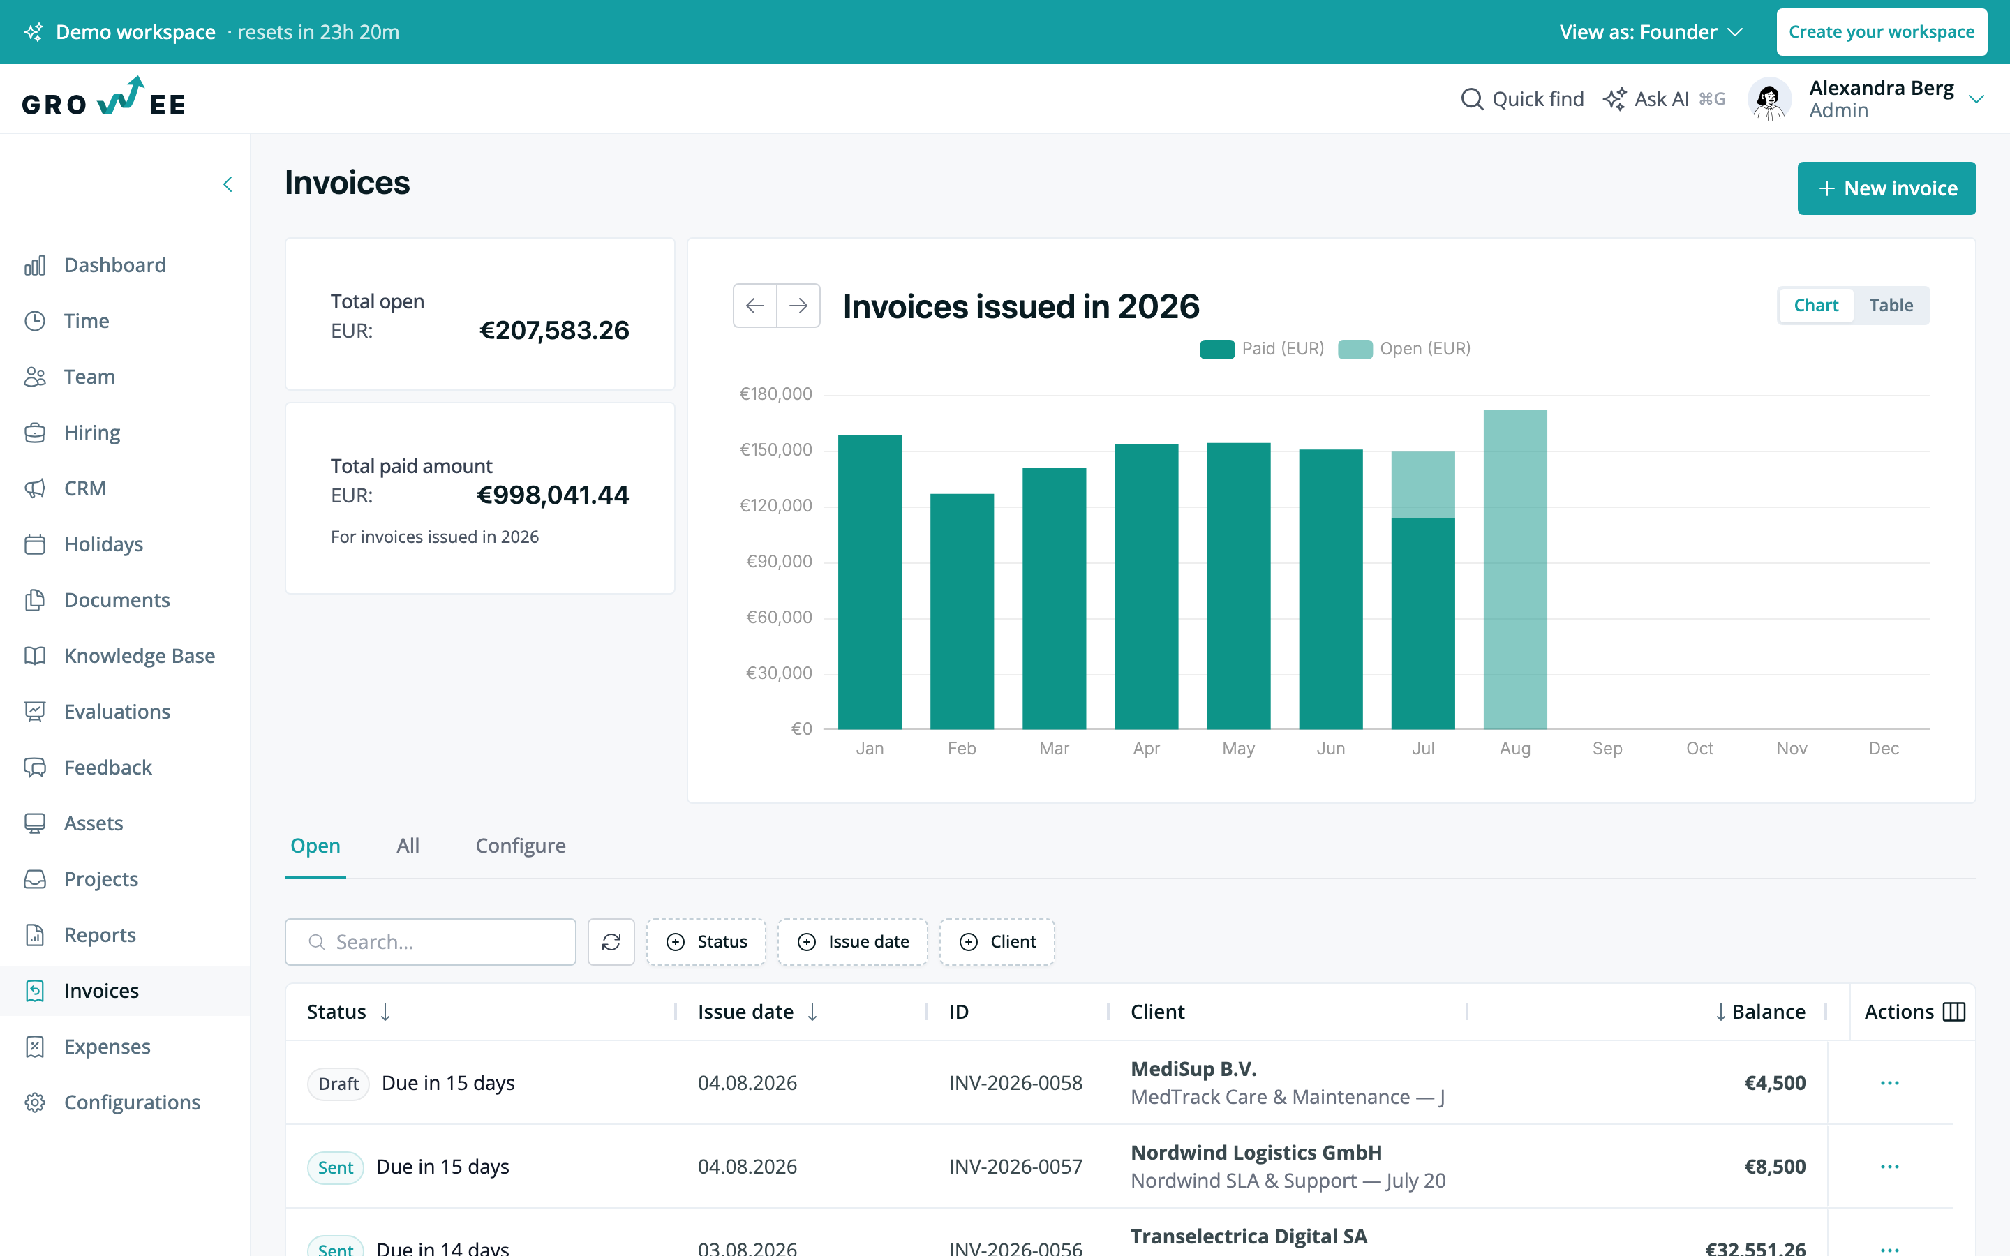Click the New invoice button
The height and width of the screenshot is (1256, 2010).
coord(1886,188)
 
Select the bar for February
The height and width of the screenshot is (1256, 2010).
coord(962,611)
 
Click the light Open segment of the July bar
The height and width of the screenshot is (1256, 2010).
coord(1423,485)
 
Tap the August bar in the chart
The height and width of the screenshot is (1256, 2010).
coord(1515,570)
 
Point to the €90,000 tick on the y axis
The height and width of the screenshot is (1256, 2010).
coord(779,562)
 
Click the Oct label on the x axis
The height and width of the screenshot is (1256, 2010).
coord(1699,749)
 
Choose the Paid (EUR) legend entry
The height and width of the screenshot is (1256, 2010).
coord(1262,349)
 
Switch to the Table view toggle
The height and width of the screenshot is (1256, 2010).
coord(1891,306)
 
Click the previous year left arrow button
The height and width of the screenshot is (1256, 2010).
coord(755,306)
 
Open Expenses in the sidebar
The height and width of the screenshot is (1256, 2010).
coord(107,1047)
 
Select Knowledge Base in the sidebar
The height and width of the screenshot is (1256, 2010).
coord(140,656)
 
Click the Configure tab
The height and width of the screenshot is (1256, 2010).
coord(521,846)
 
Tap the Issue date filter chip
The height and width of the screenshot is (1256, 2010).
coord(853,942)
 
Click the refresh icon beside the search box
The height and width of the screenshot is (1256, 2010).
coord(611,942)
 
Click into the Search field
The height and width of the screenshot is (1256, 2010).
coord(430,942)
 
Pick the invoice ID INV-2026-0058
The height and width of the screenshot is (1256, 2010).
coord(1015,1083)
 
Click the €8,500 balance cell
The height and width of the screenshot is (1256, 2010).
coord(1775,1167)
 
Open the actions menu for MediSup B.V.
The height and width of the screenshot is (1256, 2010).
coord(1889,1083)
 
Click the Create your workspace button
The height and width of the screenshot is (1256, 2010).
coord(1882,32)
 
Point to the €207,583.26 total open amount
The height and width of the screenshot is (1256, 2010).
coord(555,331)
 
